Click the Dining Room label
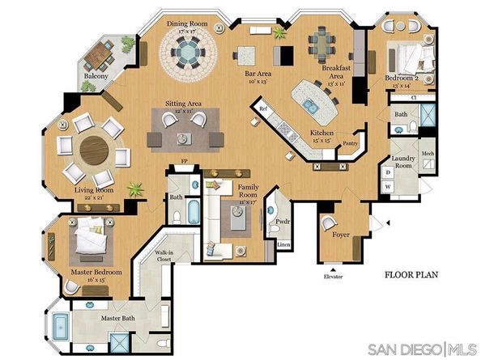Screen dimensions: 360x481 coord(187,24)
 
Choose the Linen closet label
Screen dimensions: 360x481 coord(283,244)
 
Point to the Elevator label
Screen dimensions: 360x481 coord(334,277)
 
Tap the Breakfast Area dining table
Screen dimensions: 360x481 coord(323,39)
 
